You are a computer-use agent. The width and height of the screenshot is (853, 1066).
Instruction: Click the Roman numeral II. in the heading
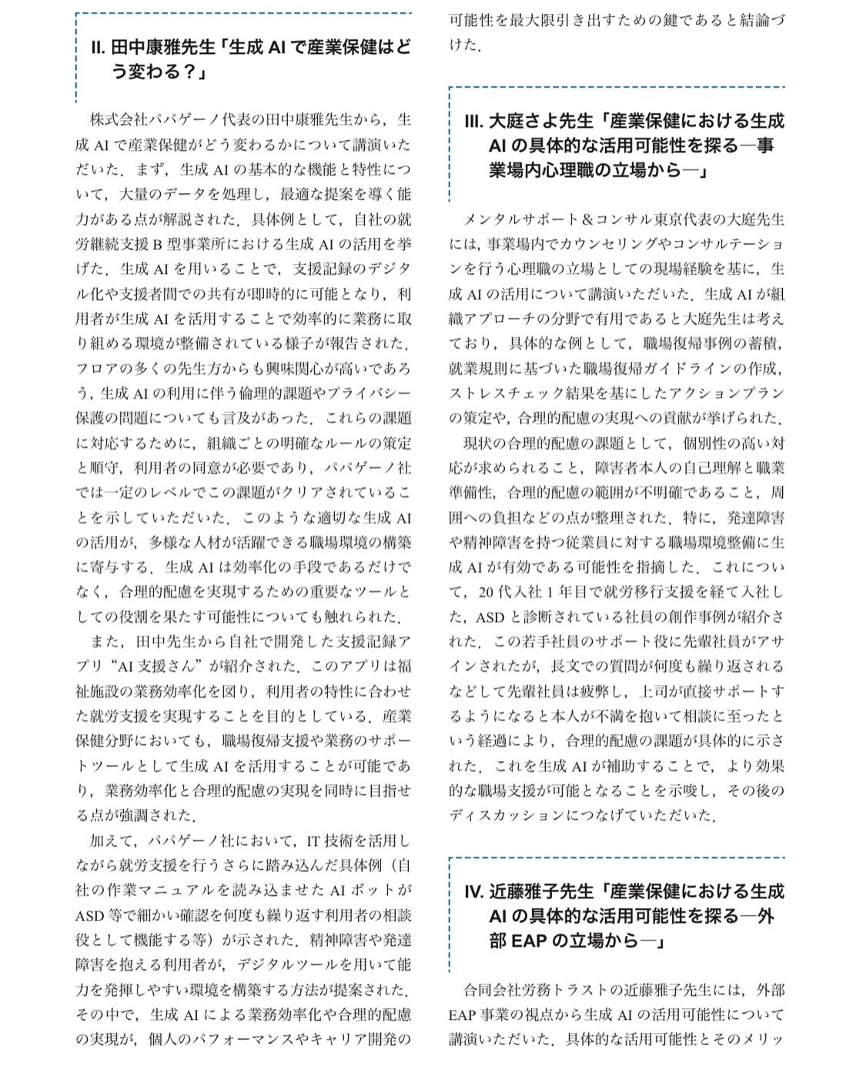coord(98,48)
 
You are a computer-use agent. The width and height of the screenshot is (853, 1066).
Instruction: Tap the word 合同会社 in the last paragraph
coord(487,991)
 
